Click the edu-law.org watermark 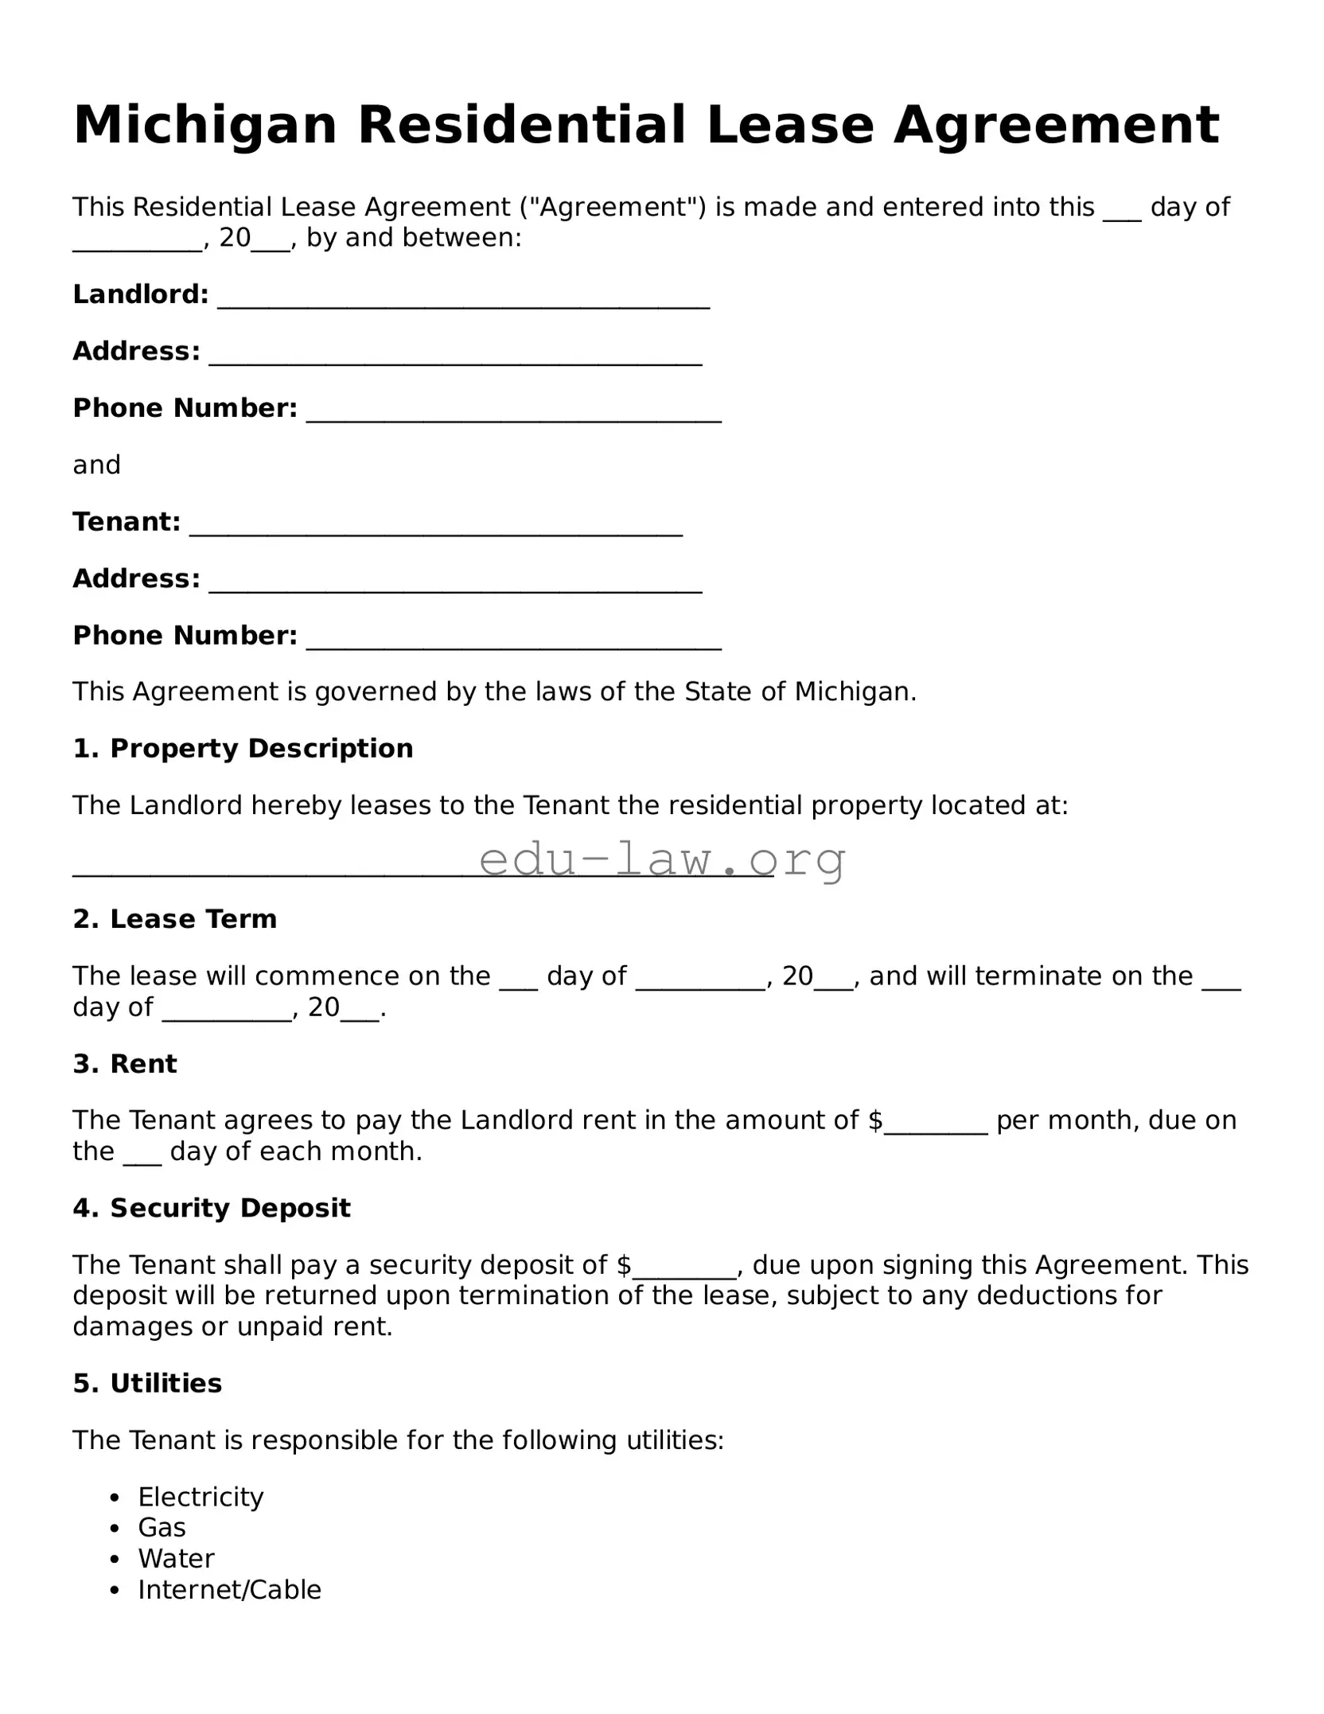coord(662,859)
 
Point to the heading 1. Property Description coord(243,749)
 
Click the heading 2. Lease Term coord(175,919)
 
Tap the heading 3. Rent coord(125,1064)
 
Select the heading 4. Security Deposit coord(212,1208)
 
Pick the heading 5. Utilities coord(147,1384)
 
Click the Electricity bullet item coord(201,1497)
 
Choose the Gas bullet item coord(162,1528)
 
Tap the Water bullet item coord(176,1558)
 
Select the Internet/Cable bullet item coord(229,1589)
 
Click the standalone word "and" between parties coord(96,465)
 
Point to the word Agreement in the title coord(1056,126)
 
